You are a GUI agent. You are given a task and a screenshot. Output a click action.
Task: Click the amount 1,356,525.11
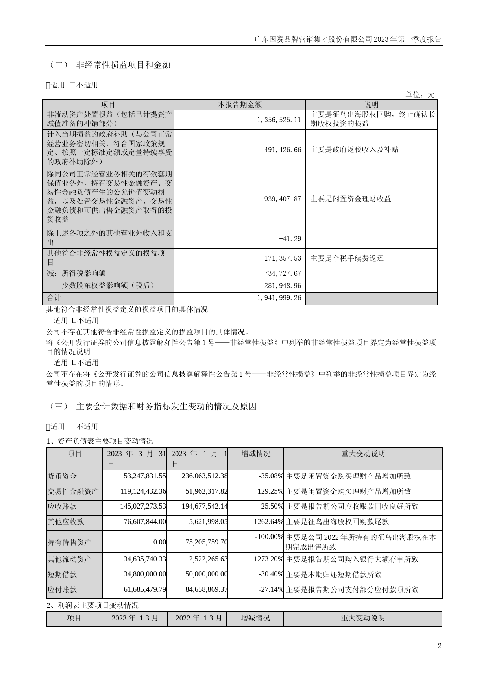[x=279, y=119]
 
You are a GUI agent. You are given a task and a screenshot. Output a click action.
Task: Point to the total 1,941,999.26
[x=279, y=298]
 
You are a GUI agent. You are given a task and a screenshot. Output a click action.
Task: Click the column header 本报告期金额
[x=240, y=104]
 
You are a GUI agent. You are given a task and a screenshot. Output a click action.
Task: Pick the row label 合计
[x=54, y=298]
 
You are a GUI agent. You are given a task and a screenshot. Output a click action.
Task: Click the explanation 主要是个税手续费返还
[x=347, y=258]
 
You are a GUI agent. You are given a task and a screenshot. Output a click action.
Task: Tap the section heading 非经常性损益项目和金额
[x=123, y=65]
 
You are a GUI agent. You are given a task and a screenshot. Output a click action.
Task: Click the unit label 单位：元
[x=420, y=95]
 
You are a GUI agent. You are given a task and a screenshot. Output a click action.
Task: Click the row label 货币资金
[x=62, y=476]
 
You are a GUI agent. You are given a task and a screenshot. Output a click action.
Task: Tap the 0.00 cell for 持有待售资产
[x=159, y=542]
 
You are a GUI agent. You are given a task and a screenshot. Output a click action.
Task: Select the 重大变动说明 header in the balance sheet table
[x=363, y=454]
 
